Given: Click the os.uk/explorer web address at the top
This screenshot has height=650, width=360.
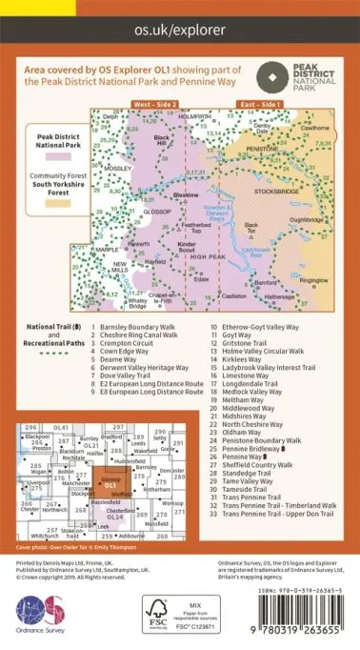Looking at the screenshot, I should pyautogui.click(x=179, y=30).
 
